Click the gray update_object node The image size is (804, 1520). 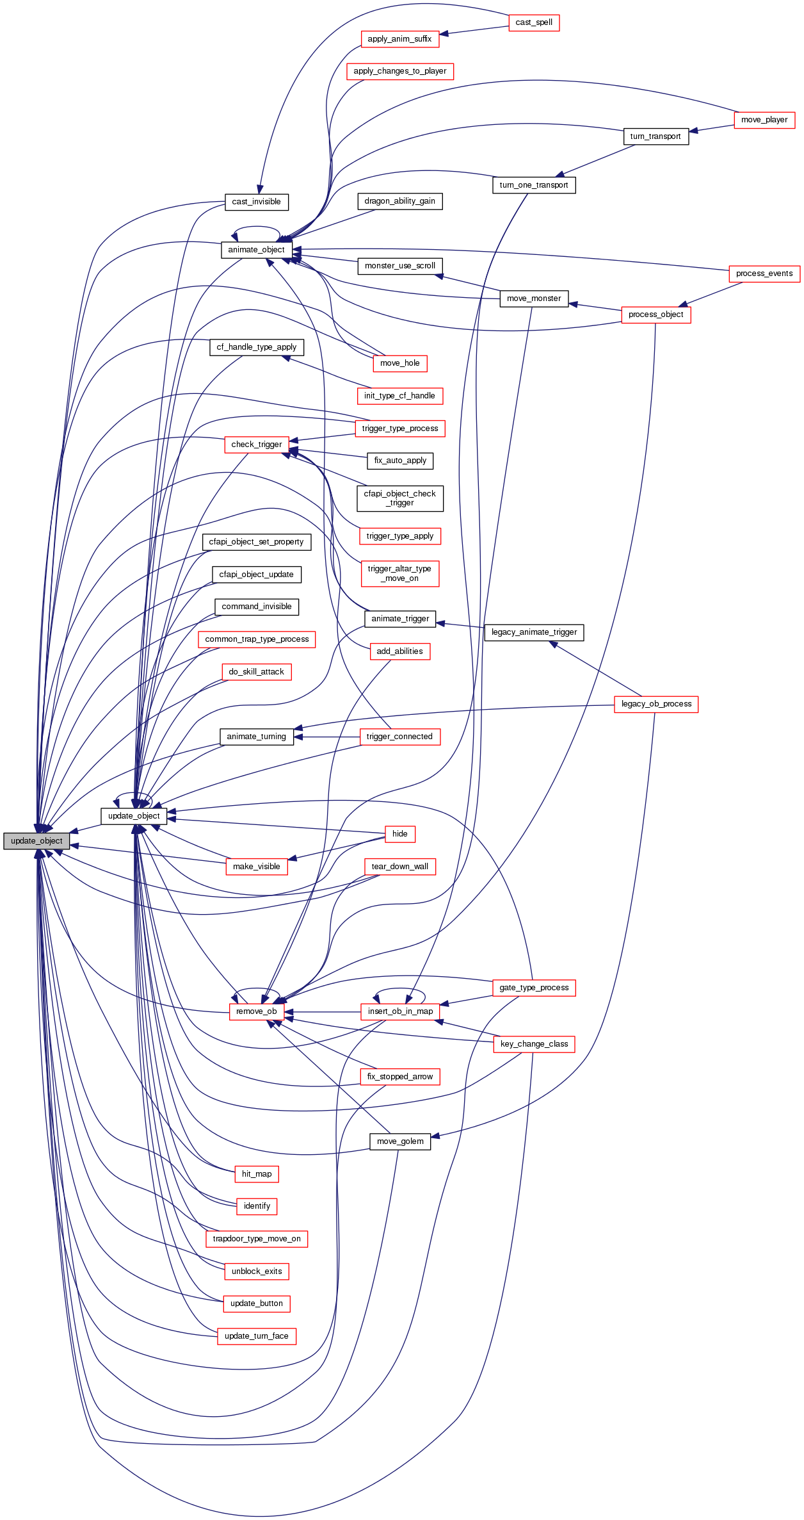(x=36, y=841)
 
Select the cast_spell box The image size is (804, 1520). (x=534, y=22)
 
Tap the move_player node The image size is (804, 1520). (x=764, y=120)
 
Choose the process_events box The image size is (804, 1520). (x=764, y=274)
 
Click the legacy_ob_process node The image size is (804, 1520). (x=656, y=704)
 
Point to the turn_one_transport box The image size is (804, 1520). (x=534, y=185)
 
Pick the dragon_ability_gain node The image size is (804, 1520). (x=399, y=201)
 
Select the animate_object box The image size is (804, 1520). (x=256, y=250)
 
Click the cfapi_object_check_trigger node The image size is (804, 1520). (x=399, y=498)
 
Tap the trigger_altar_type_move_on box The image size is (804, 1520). (x=399, y=573)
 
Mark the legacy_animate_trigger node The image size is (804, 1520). (x=534, y=632)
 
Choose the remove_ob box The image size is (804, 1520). (x=256, y=1011)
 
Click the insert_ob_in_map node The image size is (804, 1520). (x=400, y=1011)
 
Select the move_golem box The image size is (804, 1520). (x=400, y=1141)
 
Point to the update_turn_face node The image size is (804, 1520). (x=257, y=1336)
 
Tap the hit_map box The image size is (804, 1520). (x=257, y=1174)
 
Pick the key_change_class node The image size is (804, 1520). (x=534, y=1044)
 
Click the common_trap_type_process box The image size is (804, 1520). (x=257, y=639)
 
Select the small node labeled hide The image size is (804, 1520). (x=400, y=834)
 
